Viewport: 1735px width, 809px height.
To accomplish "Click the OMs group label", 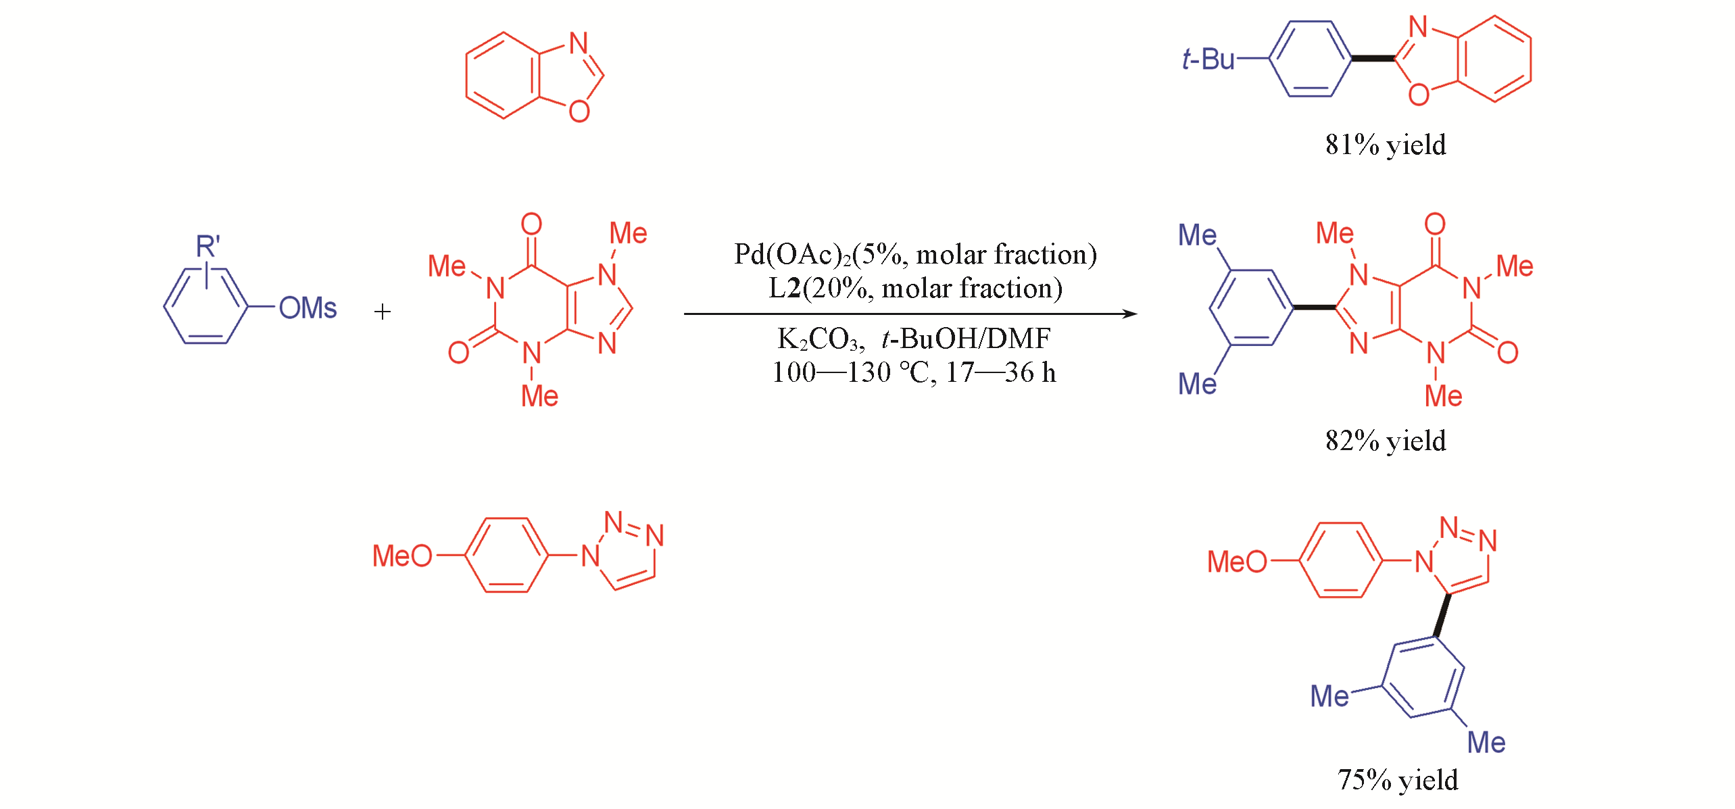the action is click(308, 308).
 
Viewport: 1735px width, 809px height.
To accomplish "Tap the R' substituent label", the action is click(208, 246).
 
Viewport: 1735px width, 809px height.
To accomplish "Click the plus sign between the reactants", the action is click(383, 312).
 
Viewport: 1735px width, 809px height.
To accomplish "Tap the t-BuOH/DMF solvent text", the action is click(966, 339).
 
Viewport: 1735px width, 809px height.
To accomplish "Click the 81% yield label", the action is click(1386, 145).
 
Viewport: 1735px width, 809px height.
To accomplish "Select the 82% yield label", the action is click(1386, 441).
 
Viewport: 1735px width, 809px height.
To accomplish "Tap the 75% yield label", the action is click(1398, 780).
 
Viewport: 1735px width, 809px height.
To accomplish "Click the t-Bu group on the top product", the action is click(1208, 59).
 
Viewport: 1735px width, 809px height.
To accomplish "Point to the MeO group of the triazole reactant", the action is click(402, 556).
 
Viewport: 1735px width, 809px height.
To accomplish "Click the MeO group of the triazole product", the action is click(1237, 562).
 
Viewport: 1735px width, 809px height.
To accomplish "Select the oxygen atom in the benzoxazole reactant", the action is click(579, 111).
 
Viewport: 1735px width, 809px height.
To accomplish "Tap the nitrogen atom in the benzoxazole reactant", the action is click(579, 43).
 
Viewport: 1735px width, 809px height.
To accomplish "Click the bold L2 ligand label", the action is click(785, 289).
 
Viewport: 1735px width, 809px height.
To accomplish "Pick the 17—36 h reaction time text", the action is click(1000, 372).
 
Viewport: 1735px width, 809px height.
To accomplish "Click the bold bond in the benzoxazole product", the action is click(1373, 59).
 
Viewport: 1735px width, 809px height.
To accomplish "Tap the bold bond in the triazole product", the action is click(1442, 615).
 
